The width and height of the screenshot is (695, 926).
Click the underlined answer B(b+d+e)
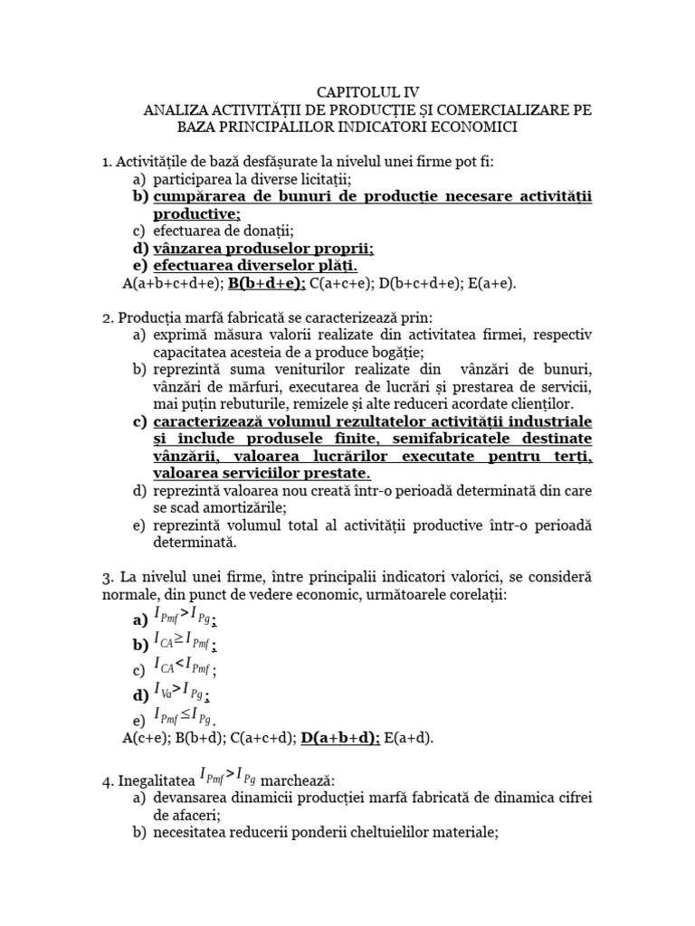[x=267, y=283]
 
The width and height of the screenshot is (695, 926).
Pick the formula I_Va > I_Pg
[x=184, y=694]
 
